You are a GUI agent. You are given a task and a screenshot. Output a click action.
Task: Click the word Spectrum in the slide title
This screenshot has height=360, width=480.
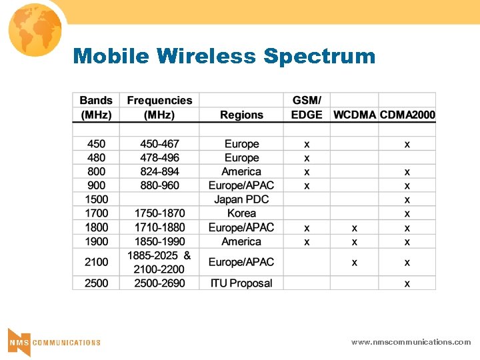click(x=319, y=56)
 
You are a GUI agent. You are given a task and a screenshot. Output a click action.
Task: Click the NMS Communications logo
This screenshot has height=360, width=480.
click(x=54, y=341)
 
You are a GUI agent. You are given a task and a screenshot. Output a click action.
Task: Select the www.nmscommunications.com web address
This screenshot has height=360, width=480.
click(x=411, y=342)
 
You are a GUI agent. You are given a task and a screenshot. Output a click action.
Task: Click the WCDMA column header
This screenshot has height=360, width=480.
click(x=354, y=115)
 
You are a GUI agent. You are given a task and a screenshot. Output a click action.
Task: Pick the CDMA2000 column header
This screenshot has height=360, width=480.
click(x=407, y=115)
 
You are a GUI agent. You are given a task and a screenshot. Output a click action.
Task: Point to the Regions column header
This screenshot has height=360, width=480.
click(x=241, y=115)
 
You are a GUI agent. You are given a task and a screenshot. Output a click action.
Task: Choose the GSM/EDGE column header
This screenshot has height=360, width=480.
click(x=307, y=107)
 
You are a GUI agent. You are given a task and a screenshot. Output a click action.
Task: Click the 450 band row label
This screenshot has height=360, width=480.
click(x=96, y=144)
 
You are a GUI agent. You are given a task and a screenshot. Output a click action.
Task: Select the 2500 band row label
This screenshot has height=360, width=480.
click(x=96, y=283)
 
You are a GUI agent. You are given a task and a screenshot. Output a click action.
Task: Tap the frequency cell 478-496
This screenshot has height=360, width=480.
click(x=159, y=158)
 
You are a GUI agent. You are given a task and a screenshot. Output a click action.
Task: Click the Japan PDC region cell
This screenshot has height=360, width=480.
click(x=241, y=199)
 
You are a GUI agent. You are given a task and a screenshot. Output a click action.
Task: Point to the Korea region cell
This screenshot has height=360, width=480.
click(x=241, y=213)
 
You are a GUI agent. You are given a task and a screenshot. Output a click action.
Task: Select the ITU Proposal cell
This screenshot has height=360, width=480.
click(x=241, y=283)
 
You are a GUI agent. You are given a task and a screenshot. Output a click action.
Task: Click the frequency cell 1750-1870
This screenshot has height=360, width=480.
click(x=159, y=213)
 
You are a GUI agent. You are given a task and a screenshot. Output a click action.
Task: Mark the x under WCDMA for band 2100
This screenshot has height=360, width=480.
click(x=354, y=263)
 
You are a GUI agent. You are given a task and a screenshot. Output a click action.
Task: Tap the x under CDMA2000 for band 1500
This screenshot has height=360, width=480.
click(x=407, y=200)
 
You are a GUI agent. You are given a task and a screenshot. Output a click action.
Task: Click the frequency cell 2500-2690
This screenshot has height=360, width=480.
click(x=159, y=283)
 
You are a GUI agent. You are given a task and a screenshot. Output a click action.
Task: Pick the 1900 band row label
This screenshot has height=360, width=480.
click(x=96, y=241)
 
